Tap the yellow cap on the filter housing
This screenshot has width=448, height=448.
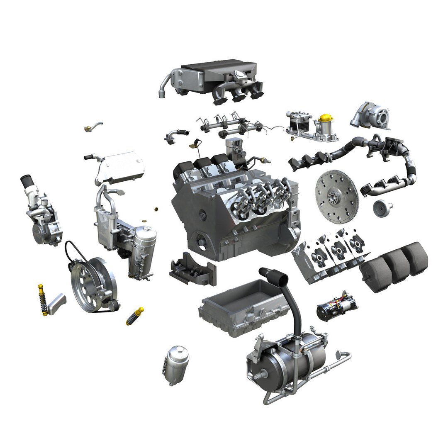click(324, 118)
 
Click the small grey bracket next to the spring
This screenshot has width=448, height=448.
click(57, 304)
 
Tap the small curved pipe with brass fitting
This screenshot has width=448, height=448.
click(93, 126)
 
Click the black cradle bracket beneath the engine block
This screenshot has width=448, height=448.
click(192, 270)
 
